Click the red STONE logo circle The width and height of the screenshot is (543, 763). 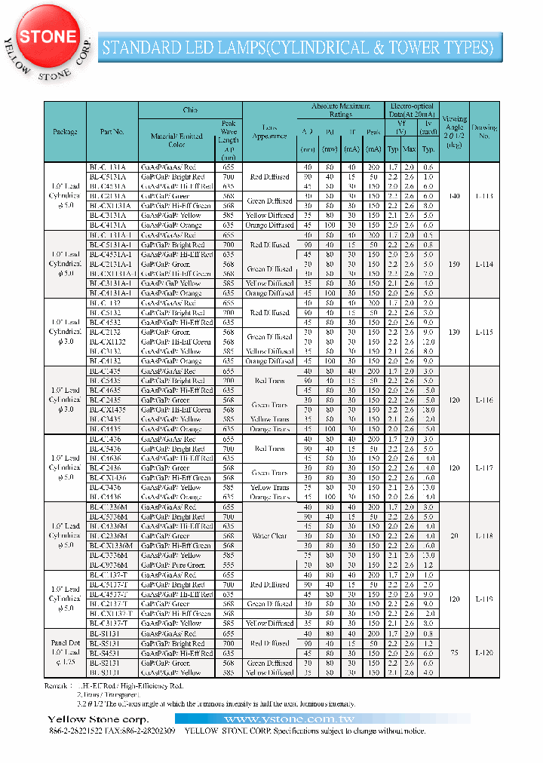pyautogui.click(x=48, y=36)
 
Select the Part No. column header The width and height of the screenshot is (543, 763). pyautogui.click(x=112, y=132)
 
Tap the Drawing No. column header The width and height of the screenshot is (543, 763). pyautogui.click(x=484, y=132)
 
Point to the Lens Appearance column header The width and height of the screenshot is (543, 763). pyautogui.click(x=269, y=132)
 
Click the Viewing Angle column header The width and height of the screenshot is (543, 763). pyautogui.click(x=454, y=132)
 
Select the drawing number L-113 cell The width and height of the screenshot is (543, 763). pyautogui.click(x=484, y=195)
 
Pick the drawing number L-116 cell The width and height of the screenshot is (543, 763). pyautogui.click(x=484, y=400)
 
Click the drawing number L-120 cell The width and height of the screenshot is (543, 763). pyautogui.click(x=484, y=653)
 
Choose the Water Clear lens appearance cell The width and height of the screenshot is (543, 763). pyautogui.click(x=269, y=536)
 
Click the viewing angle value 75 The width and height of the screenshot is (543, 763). pyautogui.click(x=454, y=653)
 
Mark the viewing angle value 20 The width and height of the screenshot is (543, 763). pyautogui.click(x=454, y=536)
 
